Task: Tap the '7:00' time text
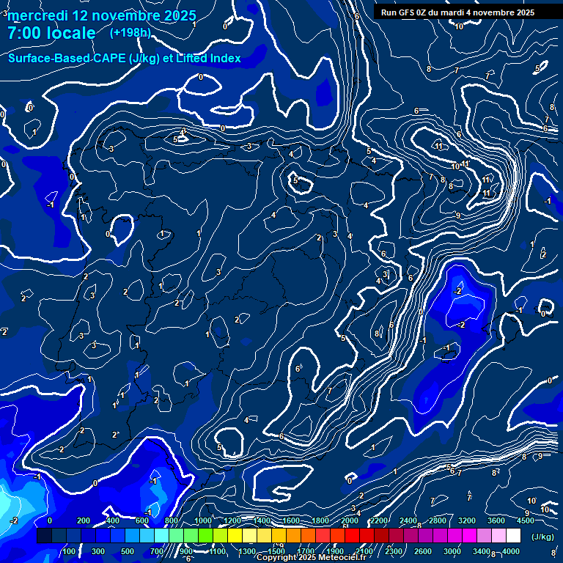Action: pos(26,33)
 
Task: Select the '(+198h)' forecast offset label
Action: pos(130,32)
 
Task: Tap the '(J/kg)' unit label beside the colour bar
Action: pos(542,537)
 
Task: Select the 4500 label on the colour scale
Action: pos(525,520)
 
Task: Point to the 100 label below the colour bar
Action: pos(69,551)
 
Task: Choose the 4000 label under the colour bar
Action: pos(511,551)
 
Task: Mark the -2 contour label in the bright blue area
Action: pos(460,291)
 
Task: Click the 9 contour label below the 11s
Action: pos(457,216)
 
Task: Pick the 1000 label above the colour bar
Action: pos(203,520)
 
